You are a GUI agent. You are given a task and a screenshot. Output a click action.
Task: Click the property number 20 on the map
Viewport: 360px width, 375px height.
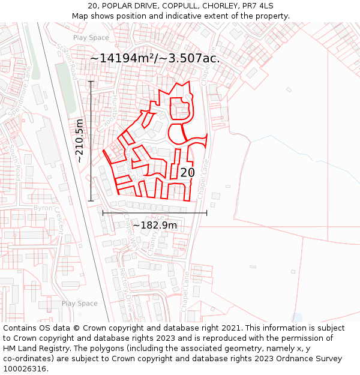click(x=187, y=173)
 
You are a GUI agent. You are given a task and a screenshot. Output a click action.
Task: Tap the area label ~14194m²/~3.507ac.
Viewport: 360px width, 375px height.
click(x=155, y=58)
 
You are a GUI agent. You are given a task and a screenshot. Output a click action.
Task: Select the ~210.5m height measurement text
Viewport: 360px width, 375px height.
click(x=80, y=141)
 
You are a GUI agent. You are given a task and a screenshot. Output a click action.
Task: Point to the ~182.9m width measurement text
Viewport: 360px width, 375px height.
click(x=155, y=225)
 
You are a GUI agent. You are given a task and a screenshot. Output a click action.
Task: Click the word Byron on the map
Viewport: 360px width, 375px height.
click(x=43, y=208)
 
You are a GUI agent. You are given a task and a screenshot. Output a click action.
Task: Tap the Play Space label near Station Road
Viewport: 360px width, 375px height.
click(x=91, y=37)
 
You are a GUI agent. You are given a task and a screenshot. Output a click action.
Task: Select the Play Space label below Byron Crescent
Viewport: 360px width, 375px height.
click(x=79, y=304)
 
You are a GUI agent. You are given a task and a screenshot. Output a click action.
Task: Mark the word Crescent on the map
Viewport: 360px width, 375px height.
click(x=60, y=223)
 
